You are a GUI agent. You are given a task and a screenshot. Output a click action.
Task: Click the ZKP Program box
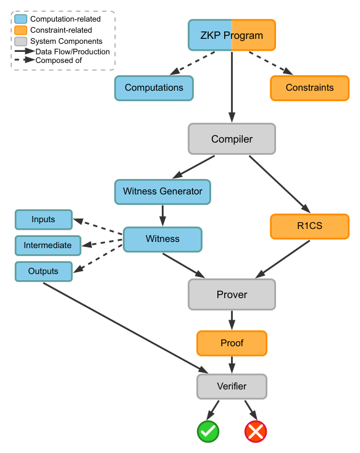pyautogui.click(x=232, y=35)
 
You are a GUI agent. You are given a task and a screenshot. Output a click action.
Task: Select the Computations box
pyautogui.click(x=154, y=88)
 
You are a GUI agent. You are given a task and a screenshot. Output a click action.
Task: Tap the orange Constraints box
pyautogui.click(x=310, y=88)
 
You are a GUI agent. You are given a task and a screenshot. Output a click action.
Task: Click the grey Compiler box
pyautogui.click(x=232, y=139)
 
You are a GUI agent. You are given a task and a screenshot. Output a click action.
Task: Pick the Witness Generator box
pyautogui.click(x=162, y=192)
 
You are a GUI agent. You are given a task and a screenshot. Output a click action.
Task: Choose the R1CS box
pyautogui.click(x=310, y=226)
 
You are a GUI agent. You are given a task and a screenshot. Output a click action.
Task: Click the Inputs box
pyautogui.click(x=43, y=220)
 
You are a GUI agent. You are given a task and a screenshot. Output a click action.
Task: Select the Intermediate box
pyautogui.click(x=48, y=246)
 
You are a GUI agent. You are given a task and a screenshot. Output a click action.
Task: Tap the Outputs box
pyautogui.click(x=43, y=272)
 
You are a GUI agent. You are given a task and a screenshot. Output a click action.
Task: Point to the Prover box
pyautogui.click(x=232, y=294)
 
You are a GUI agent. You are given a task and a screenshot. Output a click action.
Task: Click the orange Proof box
pyautogui.click(x=232, y=343)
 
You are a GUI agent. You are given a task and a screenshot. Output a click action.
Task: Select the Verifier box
pyautogui.click(x=232, y=386)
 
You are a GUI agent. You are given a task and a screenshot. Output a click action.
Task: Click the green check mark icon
pyautogui.click(x=208, y=431)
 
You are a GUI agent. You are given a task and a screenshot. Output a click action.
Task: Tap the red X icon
pyautogui.click(x=256, y=431)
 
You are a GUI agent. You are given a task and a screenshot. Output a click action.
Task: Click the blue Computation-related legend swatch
pyautogui.click(x=21, y=19)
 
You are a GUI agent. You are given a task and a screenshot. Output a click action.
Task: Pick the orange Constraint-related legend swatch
pyautogui.click(x=21, y=30)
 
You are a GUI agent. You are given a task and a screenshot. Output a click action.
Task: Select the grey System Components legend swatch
pyautogui.click(x=21, y=41)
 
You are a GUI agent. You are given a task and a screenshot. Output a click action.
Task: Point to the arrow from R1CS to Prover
pyautogui.click(x=283, y=259)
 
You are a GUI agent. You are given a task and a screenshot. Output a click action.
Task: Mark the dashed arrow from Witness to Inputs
pyautogui.click(x=98, y=226)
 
